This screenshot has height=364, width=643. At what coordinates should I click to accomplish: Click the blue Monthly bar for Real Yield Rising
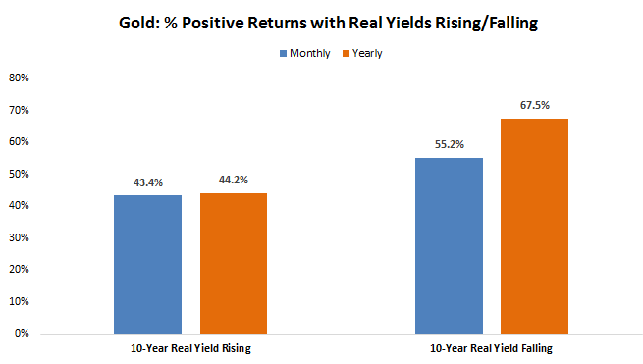click(x=147, y=264)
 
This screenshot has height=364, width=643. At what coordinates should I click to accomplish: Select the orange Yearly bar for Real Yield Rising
click(x=233, y=263)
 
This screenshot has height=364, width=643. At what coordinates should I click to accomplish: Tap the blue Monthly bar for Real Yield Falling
click(x=449, y=245)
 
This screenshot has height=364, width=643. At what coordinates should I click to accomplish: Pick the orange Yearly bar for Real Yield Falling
click(x=534, y=226)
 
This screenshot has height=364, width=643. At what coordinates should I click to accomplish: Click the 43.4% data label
click(x=147, y=182)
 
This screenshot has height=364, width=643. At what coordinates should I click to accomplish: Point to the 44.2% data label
click(x=233, y=180)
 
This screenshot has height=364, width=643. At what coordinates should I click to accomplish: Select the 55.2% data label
click(x=449, y=144)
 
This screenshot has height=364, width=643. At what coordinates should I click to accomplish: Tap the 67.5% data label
click(x=534, y=105)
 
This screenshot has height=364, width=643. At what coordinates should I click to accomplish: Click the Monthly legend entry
click(x=303, y=53)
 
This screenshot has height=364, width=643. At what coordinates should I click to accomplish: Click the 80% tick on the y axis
click(x=19, y=78)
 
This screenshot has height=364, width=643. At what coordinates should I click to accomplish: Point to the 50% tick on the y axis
click(x=19, y=174)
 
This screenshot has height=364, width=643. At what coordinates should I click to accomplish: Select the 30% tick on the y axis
click(x=19, y=237)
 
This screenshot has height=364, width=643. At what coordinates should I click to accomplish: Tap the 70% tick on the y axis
click(x=19, y=110)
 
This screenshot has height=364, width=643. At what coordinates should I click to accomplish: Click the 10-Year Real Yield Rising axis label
click(x=190, y=348)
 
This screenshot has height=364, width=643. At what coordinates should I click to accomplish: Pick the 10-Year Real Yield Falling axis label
click(x=491, y=348)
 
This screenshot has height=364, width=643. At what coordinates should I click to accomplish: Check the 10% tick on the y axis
click(x=19, y=301)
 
